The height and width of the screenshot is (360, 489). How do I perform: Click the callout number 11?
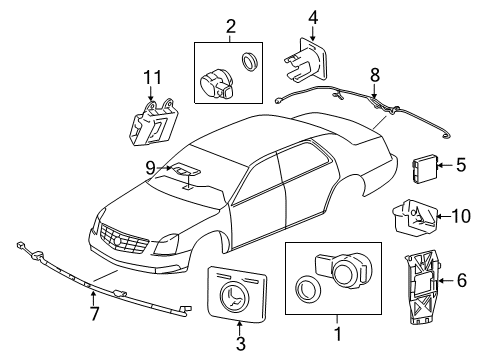tap(153, 78)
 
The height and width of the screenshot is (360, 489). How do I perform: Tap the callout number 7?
tap(94, 313)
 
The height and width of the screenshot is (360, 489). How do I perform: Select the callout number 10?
tap(461, 216)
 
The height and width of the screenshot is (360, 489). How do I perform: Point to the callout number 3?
tap(241, 344)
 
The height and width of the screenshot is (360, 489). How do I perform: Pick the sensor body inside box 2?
tap(217, 84)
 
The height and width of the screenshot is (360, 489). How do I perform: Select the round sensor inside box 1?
tap(343, 270)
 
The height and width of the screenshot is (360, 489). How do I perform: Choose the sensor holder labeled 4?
tap(305, 60)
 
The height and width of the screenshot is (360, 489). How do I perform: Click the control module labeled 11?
tap(153, 122)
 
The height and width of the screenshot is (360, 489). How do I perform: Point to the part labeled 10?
tap(414, 220)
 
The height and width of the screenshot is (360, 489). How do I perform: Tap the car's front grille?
tap(124, 240)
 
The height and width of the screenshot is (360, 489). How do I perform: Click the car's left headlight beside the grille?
tap(166, 245)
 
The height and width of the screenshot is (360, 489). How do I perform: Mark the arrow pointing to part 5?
tap(444, 165)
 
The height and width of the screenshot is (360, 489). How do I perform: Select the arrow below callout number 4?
tap(312, 34)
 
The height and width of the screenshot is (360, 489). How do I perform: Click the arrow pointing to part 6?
tap(446, 281)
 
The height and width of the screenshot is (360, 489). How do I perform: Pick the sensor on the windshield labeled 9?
tap(185, 169)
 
